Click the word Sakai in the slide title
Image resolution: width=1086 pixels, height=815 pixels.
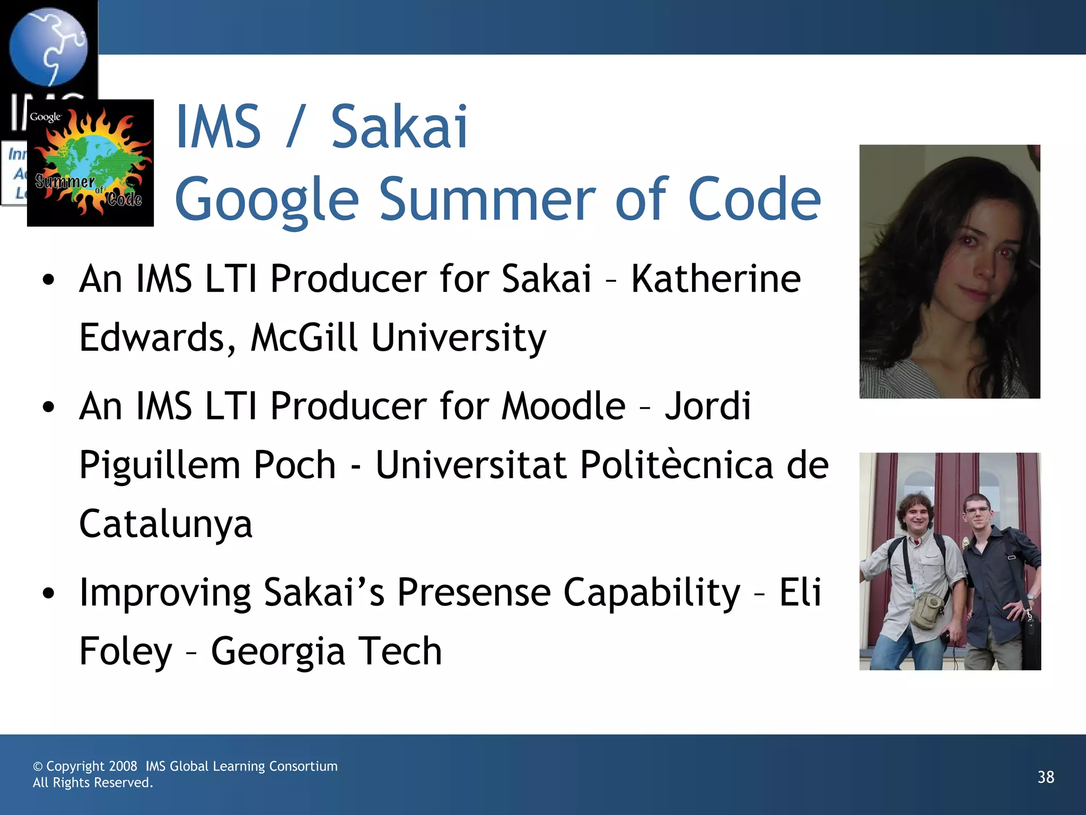pos(399,127)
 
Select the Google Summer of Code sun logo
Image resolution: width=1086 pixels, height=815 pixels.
pos(91,163)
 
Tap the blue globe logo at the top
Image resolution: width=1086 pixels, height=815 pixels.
pos(48,46)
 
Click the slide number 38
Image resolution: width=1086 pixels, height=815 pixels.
pos(1046,777)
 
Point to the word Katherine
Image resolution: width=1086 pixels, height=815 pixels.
pos(716,279)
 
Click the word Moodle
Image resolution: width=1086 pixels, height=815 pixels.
pos(563,406)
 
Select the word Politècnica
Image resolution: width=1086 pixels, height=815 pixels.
pos(676,465)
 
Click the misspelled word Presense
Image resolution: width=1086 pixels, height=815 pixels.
pos(474,592)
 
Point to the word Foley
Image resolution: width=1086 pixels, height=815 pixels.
pos(126,652)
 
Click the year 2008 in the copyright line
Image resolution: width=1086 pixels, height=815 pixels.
pos(123,766)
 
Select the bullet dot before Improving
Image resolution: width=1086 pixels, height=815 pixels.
pos(49,593)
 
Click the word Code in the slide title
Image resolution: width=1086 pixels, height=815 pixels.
pos(754,200)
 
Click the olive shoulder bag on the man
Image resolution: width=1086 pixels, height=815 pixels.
pos(928,610)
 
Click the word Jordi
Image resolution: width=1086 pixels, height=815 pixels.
pos(708,406)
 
